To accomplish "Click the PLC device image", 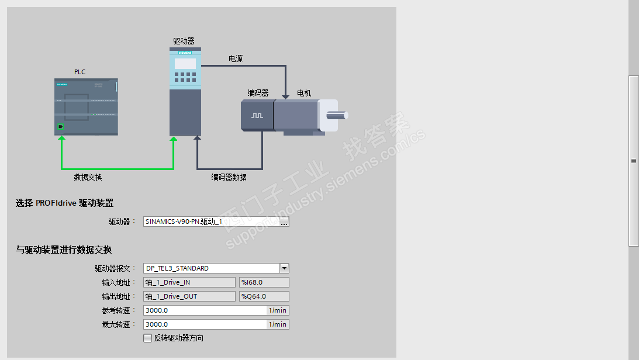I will (x=86, y=107).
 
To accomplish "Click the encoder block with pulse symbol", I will (x=257, y=115).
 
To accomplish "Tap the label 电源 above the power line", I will (x=236, y=58).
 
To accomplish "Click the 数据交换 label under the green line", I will (x=88, y=177).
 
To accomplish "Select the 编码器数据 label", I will (x=229, y=177).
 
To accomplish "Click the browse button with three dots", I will (x=284, y=222).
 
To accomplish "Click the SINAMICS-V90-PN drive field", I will (x=210, y=222).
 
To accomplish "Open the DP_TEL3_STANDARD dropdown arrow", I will (x=284, y=268).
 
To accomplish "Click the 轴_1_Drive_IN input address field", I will (x=189, y=282).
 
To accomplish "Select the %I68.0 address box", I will (x=264, y=282).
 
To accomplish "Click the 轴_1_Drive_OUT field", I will (x=189, y=296).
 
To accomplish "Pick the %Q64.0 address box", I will (x=264, y=296).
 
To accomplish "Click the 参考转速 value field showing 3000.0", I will (x=205, y=310).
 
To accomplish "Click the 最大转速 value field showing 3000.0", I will (x=205, y=324).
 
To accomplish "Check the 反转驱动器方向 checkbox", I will (x=147, y=338).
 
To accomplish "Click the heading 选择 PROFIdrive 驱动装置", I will (x=64, y=203).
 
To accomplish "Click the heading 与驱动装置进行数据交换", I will (x=63, y=250).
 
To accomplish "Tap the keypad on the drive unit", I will (x=185, y=77).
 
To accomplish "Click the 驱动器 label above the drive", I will (x=184, y=41).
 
